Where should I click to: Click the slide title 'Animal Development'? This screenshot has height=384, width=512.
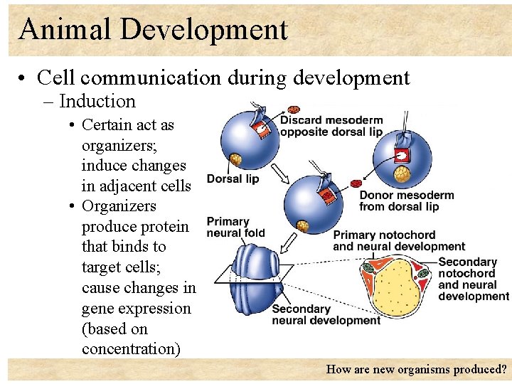click(x=153, y=30)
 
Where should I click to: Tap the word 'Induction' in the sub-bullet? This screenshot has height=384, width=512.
click(x=97, y=102)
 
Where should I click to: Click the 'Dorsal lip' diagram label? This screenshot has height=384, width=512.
click(x=233, y=179)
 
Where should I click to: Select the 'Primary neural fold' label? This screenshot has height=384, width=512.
click(x=235, y=227)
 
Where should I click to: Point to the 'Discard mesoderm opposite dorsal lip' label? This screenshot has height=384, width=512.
click(x=331, y=126)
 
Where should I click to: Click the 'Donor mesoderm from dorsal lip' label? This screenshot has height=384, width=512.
click(x=405, y=201)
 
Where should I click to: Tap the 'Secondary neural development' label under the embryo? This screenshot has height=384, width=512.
click(x=326, y=314)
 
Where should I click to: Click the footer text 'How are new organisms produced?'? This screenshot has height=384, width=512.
click(x=416, y=369)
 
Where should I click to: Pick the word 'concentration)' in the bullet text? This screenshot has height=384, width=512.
click(x=131, y=349)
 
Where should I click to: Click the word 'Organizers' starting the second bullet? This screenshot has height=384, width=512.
click(x=119, y=206)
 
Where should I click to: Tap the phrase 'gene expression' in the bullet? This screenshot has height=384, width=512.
click(x=137, y=309)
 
